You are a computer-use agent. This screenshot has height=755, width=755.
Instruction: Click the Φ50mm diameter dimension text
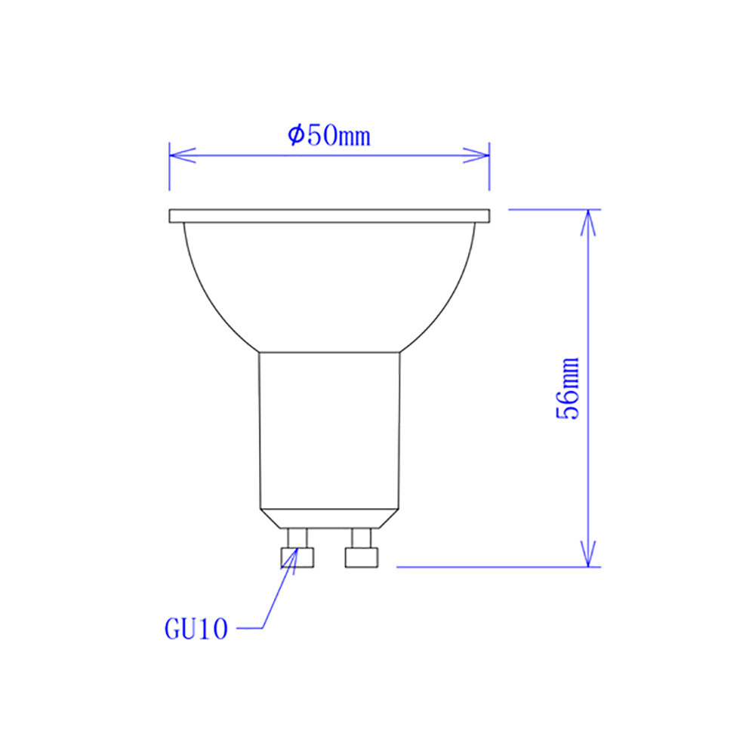(x=329, y=136)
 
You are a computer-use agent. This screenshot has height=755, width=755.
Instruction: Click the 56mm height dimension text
(x=568, y=388)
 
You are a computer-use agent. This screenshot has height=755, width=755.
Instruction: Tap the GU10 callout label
(x=196, y=629)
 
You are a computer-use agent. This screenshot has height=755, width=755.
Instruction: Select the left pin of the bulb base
(x=297, y=550)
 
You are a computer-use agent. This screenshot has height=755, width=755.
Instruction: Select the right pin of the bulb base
(x=361, y=550)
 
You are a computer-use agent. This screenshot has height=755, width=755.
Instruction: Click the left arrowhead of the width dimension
(x=181, y=156)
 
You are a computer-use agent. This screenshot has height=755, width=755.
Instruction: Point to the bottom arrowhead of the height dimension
(x=589, y=553)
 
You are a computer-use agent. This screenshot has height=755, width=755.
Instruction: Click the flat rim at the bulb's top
(x=330, y=217)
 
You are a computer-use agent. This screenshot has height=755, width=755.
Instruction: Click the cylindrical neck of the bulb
(x=329, y=430)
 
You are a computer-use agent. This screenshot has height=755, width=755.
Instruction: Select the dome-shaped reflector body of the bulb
(x=329, y=287)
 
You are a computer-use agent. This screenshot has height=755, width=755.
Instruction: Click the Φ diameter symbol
(x=295, y=136)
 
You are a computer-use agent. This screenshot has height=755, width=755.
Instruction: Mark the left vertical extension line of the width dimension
(x=169, y=170)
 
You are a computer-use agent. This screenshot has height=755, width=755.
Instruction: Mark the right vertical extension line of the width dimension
(x=490, y=170)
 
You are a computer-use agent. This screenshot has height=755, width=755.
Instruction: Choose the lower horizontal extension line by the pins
(x=491, y=566)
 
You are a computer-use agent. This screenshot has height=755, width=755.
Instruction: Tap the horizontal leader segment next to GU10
(x=248, y=627)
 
